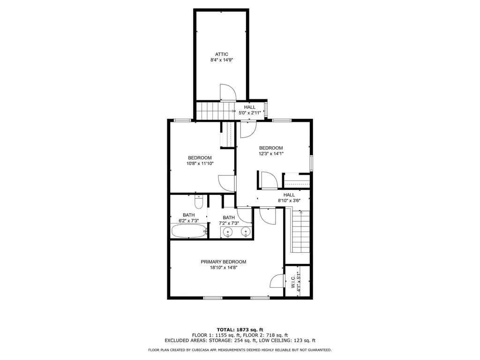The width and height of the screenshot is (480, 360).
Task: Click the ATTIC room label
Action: point(222,54)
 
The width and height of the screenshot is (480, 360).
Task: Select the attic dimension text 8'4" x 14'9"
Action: point(222,60)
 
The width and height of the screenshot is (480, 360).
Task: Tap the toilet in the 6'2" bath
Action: point(198,202)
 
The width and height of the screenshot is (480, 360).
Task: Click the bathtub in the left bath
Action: point(188,231)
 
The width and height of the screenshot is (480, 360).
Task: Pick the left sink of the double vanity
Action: point(228,232)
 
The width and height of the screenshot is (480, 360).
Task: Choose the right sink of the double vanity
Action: point(245,232)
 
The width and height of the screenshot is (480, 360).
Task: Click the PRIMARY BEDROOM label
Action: point(223,262)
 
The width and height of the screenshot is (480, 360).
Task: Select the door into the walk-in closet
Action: point(277,281)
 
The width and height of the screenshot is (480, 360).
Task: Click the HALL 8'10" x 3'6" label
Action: point(289,198)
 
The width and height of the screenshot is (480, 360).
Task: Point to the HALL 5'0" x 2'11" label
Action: point(249,110)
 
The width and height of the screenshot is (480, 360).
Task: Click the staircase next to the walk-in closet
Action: point(300,231)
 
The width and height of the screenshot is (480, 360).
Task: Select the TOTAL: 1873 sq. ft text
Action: point(240,329)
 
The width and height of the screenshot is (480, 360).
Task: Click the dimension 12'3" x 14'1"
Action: point(271,153)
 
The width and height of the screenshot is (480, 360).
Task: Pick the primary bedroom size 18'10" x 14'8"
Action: point(223,268)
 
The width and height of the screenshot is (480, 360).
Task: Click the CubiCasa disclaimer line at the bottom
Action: point(240,350)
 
